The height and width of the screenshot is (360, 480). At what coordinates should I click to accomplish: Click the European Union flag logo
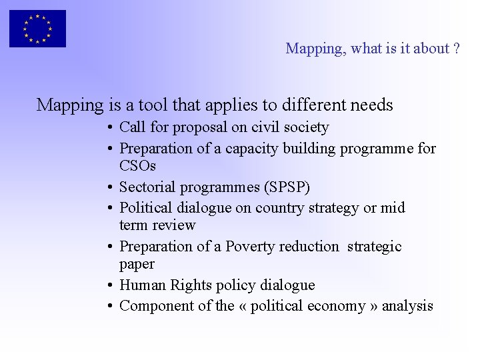tap(37, 29)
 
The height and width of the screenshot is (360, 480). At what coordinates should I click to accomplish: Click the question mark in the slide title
tap(456, 49)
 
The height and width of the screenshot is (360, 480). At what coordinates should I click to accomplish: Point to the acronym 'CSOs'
tap(137, 165)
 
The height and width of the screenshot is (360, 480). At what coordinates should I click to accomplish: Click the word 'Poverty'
tap(249, 246)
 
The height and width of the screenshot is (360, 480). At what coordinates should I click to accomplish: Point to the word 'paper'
tap(137, 265)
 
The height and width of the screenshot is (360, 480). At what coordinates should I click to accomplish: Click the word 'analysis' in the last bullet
tap(408, 306)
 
